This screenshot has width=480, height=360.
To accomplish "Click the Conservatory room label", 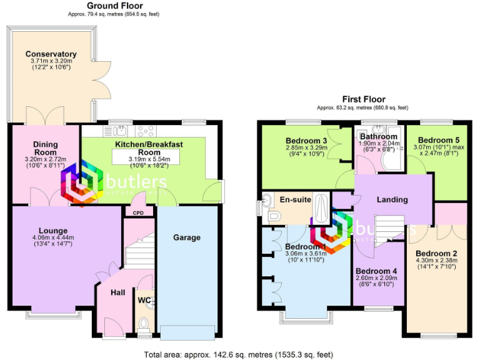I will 51,54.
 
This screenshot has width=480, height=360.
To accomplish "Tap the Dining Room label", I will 45,148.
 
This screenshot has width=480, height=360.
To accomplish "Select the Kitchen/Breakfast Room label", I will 149,148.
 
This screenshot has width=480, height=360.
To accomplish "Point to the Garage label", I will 187,237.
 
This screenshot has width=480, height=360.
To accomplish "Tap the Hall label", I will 118,292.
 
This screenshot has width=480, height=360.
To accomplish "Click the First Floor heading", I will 363,99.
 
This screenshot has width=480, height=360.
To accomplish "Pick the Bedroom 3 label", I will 306,140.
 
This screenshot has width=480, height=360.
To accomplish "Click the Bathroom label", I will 378,136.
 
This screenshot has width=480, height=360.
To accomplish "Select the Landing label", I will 392,199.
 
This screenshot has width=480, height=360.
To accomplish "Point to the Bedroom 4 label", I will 377,271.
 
